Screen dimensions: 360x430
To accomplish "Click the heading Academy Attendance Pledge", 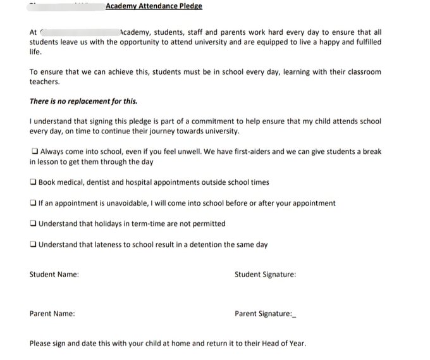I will pyautogui.click(x=154, y=6).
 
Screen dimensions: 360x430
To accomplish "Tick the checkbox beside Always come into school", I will pyautogui.click(x=34, y=152).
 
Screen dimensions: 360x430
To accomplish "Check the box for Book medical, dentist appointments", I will pyautogui.click(x=33, y=182).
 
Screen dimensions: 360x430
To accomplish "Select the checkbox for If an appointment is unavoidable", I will pyautogui.click(x=33, y=203).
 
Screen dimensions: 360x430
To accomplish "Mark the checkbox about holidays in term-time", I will pyautogui.click(x=33, y=224).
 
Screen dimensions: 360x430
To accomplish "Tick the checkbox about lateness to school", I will pyautogui.click(x=33, y=245).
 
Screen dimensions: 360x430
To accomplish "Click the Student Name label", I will pyautogui.click(x=54, y=275).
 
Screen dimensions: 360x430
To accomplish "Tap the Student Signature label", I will pyautogui.click(x=265, y=275).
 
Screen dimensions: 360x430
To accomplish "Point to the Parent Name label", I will pyautogui.click(x=52, y=314).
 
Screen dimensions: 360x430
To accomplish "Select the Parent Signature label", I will pyautogui.click(x=263, y=314).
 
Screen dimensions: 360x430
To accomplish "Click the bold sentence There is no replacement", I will pyautogui.click(x=83, y=101).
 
